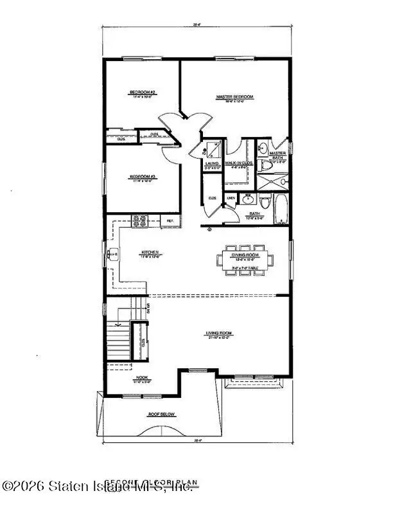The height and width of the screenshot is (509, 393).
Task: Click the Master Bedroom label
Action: (234, 97)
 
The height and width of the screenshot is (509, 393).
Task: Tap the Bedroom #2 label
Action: (139, 93)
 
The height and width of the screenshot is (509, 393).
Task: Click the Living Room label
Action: (218, 333)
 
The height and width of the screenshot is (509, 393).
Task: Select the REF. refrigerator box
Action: (171, 221)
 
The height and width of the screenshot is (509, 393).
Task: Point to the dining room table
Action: (245, 260)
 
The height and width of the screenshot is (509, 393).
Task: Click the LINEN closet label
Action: (231, 198)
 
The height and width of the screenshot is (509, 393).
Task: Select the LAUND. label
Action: (213, 164)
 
